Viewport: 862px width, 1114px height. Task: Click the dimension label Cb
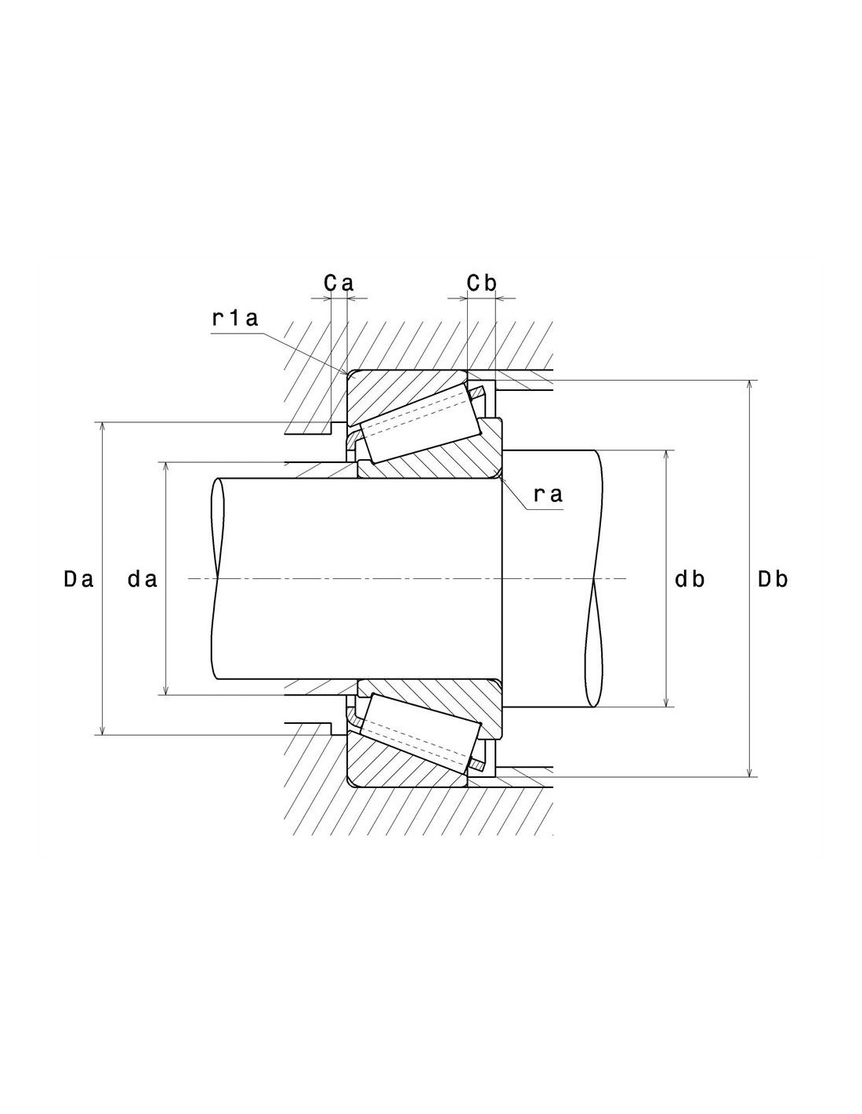tap(481, 283)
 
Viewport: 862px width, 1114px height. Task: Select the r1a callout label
tap(235, 318)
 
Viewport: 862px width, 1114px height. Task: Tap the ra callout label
tap(549, 494)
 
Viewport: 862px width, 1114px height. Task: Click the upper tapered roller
tap(421, 425)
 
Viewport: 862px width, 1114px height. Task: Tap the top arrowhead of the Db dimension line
tap(750, 386)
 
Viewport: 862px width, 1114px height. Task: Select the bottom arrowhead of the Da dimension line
tap(103, 729)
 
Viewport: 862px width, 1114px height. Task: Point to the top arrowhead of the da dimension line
tap(165, 468)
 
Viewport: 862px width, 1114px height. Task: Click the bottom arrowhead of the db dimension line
tap(666, 701)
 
